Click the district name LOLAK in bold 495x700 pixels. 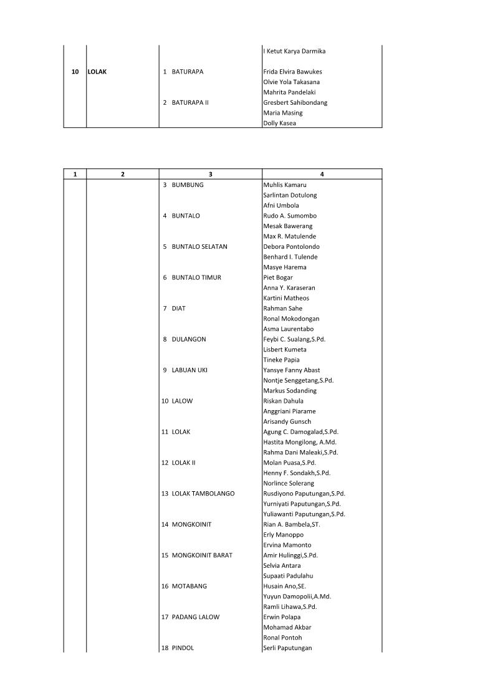(97, 72)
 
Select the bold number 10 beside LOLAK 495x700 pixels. (75, 72)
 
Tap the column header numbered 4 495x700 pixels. (322, 175)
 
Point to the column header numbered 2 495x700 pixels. (122, 175)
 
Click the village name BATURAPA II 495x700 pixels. (190, 103)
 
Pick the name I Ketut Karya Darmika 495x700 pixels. (294, 51)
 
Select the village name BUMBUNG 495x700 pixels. (187, 185)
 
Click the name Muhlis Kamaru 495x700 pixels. (285, 185)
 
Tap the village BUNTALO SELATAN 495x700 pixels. (199, 247)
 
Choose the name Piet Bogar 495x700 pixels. (278, 277)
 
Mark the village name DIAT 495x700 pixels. (178, 309)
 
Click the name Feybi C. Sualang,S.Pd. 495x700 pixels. (294, 339)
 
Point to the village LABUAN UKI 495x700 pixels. (190, 370)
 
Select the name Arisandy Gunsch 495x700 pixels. (287, 421)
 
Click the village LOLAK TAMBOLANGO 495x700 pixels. (203, 494)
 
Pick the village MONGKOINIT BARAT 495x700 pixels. (201, 555)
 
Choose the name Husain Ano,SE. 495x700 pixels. (285, 586)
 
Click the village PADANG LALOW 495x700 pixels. (195, 617)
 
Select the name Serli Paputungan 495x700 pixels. (287, 648)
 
